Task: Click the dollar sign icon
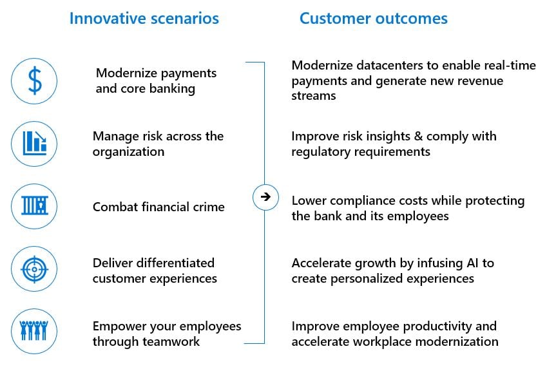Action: (34, 81)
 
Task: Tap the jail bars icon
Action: (34, 206)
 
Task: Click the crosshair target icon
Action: (34, 269)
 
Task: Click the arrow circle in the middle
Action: (265, 197)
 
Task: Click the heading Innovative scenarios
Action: (144, 18)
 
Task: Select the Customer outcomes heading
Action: (373, 18)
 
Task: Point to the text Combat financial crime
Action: (158, 207)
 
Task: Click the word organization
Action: (128, 152)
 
